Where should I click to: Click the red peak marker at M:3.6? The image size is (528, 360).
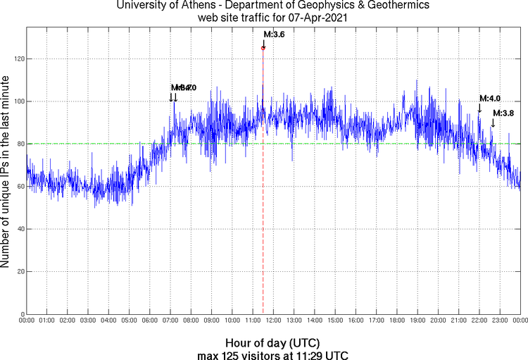(x=263, y=48)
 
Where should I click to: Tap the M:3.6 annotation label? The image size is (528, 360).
(x=274, y=34)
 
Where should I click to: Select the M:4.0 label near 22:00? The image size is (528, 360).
(x=490, y=99)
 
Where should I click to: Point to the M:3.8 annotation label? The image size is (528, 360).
(x=503, y=113)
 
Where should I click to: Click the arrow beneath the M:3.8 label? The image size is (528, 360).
(x=493, y=123)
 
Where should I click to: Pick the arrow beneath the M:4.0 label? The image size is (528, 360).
(x=480, y=108)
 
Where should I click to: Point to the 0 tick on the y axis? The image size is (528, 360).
(x=21, y=314)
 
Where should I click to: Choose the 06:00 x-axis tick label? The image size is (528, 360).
(x=150, y=321)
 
